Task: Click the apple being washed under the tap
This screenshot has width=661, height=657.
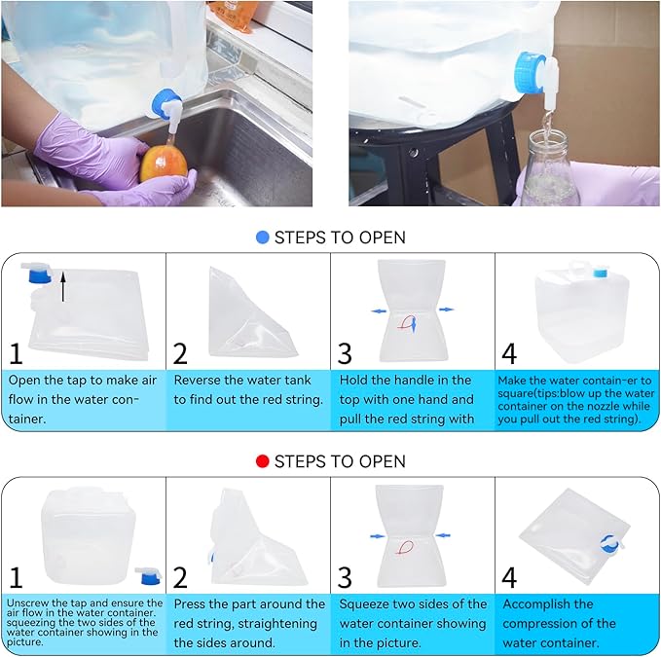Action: [x=164, y=164]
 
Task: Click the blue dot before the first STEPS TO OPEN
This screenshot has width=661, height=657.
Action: [x=262, y=237]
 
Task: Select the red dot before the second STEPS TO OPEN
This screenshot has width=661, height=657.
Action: [x=262, y=461]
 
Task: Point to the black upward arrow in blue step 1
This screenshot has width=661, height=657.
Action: [x=63, y=286]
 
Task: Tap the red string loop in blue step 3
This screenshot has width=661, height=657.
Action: [x=406, y=323]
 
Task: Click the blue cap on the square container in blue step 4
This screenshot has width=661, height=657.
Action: [x=601, y=273]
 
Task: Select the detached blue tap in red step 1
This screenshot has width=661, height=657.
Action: [x=149, y=575]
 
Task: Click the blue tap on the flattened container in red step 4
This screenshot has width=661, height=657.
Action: [x=611, y=544]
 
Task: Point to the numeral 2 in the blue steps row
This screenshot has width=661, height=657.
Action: [x=180, y=353]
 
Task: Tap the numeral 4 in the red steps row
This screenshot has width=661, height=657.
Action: [x=509, y=577]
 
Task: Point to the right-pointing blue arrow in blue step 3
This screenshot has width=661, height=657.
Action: [x=447, y=310]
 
